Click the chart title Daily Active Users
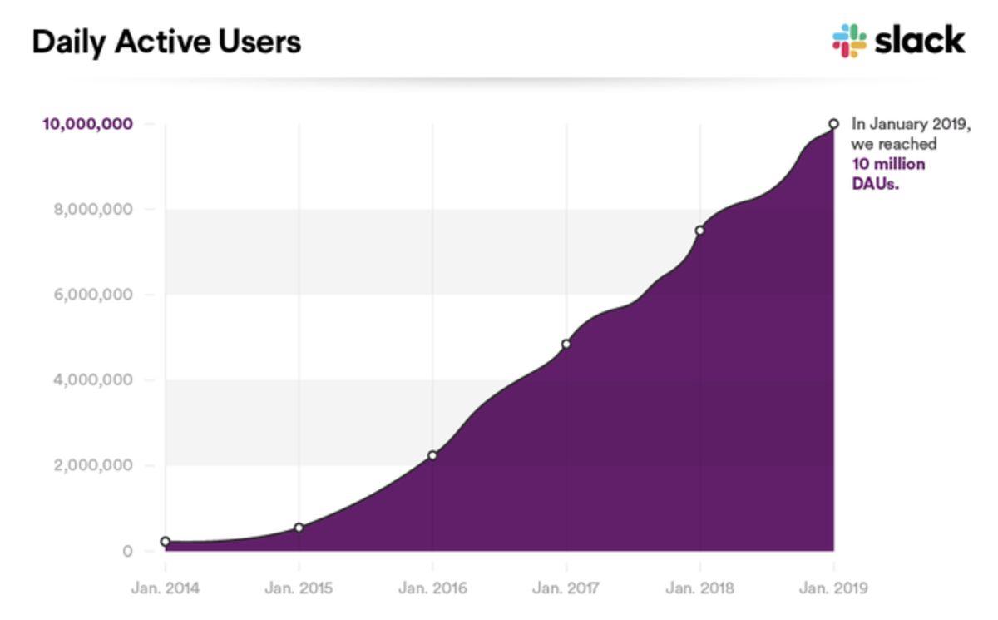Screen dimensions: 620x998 tap(166, 42)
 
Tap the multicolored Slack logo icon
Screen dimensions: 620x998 tap(849, 41)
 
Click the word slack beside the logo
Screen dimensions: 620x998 tap(920, 40)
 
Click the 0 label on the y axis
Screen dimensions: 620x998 tap(127, 551)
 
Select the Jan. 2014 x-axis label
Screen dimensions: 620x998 tap(165, 588)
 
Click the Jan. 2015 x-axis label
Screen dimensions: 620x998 tap(299, 588)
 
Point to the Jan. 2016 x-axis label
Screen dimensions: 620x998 tap(432, 588)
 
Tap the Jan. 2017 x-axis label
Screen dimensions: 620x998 tap(566, 588)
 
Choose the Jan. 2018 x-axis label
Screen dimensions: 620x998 tap(700, 588)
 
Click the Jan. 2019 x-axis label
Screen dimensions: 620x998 tap(833, 588)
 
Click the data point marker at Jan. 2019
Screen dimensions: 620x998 tap(833, 124)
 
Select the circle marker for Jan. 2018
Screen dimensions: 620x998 tap(700, 231)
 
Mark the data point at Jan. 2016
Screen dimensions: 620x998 tap(432, 455)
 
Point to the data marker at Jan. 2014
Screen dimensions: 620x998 tap(166, 542)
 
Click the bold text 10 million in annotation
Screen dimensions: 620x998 tap(888, 164)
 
